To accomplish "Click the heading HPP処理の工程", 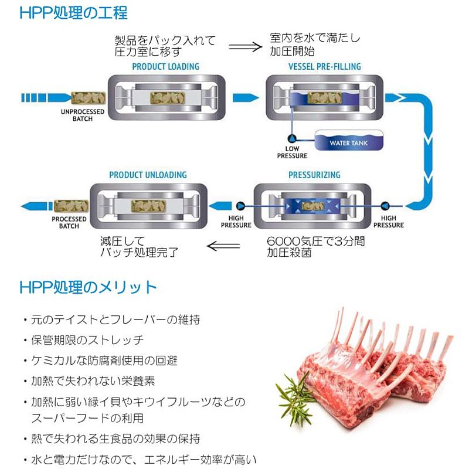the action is pos(74,13).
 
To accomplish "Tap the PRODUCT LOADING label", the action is pos(166,66).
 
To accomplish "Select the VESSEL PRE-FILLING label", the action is pos(325,66).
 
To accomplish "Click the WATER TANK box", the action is pos(349,140).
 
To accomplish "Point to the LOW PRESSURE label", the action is pos(292,152).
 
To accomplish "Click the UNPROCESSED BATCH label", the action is pos(83,115).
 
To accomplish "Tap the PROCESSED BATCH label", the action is pos(69,223).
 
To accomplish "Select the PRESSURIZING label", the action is pos(314,175).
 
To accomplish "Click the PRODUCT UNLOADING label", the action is pos(148,175).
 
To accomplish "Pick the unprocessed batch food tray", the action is pos(89,98).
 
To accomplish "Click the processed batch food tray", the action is pos(71,206).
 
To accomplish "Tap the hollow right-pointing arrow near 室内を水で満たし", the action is pos(245,47).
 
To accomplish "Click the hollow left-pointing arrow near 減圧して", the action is pos(223,246).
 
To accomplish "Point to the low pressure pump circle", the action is pos(292,138).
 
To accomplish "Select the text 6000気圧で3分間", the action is pos(315,241).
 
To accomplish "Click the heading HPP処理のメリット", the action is pos(88,287).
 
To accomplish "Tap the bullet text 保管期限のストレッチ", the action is pos(87,340).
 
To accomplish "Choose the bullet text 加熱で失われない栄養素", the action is pos(93,381).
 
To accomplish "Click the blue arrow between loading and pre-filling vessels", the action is pos(246,98).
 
